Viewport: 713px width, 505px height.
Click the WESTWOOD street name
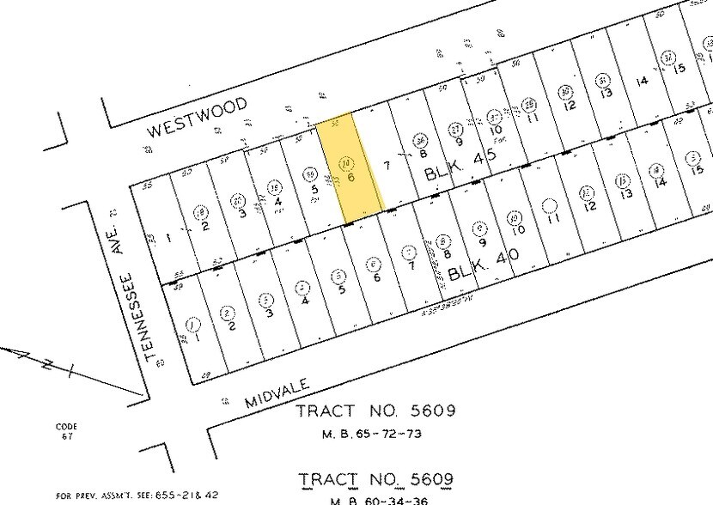(x=198, y=118)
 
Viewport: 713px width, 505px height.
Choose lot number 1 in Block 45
(x=168, y=236)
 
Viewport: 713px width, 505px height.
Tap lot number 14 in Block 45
(x=641, y=81)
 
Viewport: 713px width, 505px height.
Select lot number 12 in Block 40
(x=589, y=206)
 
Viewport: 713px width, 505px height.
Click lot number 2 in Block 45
(x=204, y=226)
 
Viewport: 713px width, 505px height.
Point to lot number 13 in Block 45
(x=605, y=92)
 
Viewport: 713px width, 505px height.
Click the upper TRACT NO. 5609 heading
(x=375, y=411)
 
